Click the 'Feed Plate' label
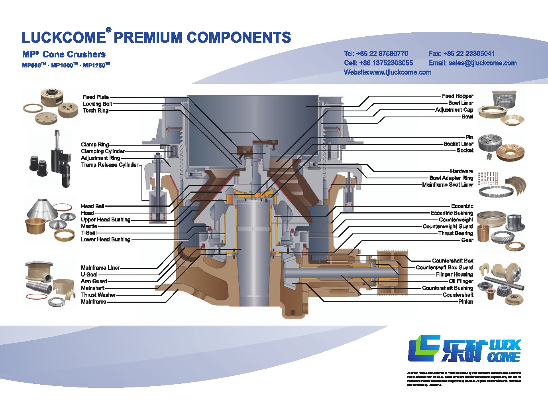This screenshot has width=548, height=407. pyautogui.click(x=96, y=97)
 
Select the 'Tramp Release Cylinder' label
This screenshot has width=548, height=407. pyautogui.click(x=110, y=165)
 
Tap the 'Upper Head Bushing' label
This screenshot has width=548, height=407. pyautogui.click(x=106, y=220)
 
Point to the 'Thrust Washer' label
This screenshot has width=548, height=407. pyautogui.click(x=98, y=295)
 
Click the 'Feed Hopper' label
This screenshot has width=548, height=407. pyautogui.click(x=458, y=96)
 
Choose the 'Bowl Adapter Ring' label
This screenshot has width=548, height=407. pyautogui.click(x=451, y=178)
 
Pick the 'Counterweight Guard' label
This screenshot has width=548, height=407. pyautogui.click(x=448, y=227)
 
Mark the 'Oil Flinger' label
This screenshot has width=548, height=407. pyautogui.click(x=461, y=281)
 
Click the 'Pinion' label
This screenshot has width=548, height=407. pyautogui.click(x=466, y=302)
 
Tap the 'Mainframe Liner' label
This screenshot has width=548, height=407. pyautogui.click(x=100, y=268)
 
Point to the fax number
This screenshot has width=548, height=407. pyautogui.click(x=462, y=53)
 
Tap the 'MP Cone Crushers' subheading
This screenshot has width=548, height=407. pyautogui.click(x=64, y=54)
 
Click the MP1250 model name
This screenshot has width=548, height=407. pyautogui.click(x=96, y=65)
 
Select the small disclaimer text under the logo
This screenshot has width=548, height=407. pyautogui.click(x=464, y=379)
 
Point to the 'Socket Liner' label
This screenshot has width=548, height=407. pyautogui.click(x=458, y=144)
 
